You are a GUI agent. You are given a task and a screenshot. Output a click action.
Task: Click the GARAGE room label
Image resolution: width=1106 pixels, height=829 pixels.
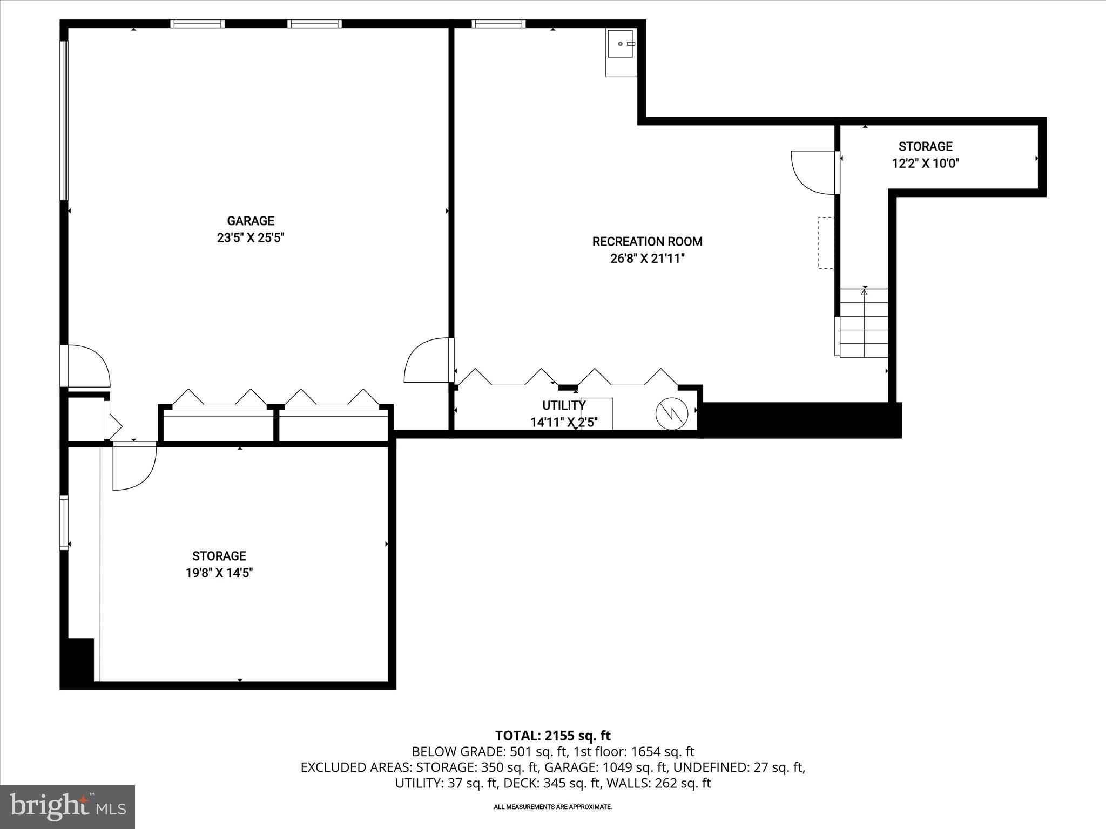click(x=250, y=221)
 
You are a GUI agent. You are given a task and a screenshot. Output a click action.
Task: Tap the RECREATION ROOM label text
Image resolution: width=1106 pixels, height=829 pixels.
click(x=647, y=242)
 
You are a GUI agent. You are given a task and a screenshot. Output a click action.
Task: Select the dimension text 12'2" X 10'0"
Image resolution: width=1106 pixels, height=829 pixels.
click(x=925, y=164)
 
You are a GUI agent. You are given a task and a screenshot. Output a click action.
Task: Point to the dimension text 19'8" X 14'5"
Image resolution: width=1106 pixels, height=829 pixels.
click(x=219, y=573)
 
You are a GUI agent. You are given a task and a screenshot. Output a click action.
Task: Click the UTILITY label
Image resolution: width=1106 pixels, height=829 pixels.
click(x=563, y=405)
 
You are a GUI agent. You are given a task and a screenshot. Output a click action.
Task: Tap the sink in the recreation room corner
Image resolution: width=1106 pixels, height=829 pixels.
click(x=622, y=44)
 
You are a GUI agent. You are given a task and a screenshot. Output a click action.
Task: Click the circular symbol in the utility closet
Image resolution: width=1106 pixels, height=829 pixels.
click(x=671, y=414)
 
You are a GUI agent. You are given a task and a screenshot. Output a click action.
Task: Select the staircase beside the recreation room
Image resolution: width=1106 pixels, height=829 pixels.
click(x=864, y=323)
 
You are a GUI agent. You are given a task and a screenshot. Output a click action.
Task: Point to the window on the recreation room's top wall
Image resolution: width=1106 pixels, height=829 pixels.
click(x=498, y=24)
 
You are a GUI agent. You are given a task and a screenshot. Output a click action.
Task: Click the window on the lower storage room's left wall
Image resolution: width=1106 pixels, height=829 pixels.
click(x=64, y=522)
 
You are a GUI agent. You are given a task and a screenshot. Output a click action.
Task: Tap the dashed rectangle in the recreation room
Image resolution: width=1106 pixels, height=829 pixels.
click(x=826, y=243)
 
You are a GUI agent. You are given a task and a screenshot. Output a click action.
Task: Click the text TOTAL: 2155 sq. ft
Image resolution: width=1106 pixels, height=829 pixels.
click(x=552, y=736)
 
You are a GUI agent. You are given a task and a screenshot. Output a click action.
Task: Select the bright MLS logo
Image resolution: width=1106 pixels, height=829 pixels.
click(x=68, y=806)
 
